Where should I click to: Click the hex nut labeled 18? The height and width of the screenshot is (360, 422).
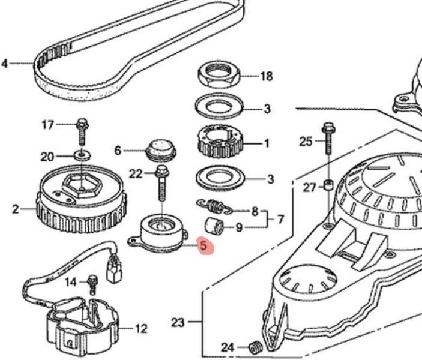tap(220, 76)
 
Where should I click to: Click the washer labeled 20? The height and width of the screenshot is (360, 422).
tap(82, 156)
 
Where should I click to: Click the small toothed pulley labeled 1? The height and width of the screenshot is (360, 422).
tap(221, 142)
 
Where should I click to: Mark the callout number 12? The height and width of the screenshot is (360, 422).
tap(141, 329)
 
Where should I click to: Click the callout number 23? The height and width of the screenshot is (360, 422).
tap(178, 323)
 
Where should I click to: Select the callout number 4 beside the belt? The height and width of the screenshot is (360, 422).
tap(5, 62)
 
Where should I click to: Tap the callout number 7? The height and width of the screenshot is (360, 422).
tap(280, 220)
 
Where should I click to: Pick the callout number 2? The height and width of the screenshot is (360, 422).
tap(15, 209)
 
